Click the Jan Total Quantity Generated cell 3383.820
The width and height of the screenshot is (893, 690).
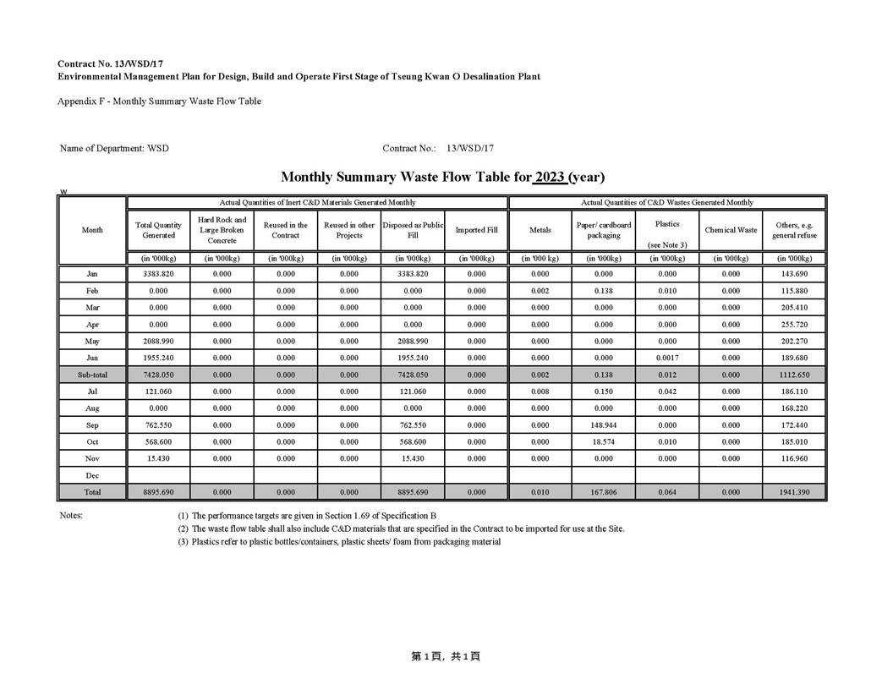(159, 274)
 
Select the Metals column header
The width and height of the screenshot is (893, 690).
(540, 230)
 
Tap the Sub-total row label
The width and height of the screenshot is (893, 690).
(92, 375)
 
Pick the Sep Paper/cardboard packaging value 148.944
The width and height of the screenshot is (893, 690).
(604, 425)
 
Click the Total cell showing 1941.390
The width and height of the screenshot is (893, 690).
(794, 492)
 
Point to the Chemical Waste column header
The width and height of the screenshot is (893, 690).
(731, 230)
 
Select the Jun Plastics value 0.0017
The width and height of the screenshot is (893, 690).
(667, 358)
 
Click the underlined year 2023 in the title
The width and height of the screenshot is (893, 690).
(550, 177)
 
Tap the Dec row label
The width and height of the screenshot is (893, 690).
(92, 475)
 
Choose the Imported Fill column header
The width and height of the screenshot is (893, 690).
(476, 230)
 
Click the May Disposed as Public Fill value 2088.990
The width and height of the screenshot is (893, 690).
(413, 341)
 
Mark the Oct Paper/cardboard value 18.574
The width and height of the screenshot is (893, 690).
(604, 441)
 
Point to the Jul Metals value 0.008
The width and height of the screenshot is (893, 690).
(540, 392)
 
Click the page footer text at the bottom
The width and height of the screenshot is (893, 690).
(446, 656)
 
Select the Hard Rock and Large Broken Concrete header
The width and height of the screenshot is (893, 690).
(222, 230)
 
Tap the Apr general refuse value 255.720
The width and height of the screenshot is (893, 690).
(794, 324)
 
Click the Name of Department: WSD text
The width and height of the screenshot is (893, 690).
(114, 149)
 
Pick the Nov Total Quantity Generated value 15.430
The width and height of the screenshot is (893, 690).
(159, 458)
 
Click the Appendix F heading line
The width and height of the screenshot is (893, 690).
(159, 101)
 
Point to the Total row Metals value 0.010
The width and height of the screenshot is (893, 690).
(540, 492)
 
